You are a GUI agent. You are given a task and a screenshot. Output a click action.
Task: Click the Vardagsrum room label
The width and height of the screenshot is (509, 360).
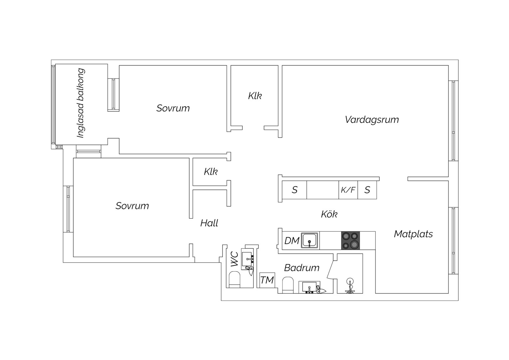(x=372, y=120)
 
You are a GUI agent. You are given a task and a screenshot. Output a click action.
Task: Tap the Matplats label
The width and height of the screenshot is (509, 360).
(x=413, y=234)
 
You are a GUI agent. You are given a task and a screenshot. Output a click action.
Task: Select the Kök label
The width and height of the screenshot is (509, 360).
(x=329, y=214)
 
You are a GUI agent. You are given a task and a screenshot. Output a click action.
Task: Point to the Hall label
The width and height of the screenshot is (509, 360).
(x=209, y=223)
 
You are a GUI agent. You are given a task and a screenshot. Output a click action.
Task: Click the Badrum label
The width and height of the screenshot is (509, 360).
(x=302, y=268)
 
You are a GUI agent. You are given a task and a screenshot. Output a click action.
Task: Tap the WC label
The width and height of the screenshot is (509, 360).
(x=235, y=259)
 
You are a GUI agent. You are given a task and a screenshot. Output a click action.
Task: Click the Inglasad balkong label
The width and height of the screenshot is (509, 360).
(x=81, y=103)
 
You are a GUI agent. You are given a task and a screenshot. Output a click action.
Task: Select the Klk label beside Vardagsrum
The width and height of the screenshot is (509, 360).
(x=255, y=96)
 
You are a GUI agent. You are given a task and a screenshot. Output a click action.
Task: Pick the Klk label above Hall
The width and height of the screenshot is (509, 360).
(x=211, y=171)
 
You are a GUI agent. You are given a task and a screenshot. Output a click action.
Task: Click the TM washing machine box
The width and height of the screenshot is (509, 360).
(x=267, y=280)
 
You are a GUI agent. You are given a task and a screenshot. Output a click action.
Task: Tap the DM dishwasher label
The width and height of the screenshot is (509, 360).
(x=292, y=241)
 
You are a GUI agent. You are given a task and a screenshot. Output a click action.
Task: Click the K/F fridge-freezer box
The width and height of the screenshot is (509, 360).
(x=348, y=190)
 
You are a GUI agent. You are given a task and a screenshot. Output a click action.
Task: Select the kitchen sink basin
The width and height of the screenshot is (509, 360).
(x=309, y=240)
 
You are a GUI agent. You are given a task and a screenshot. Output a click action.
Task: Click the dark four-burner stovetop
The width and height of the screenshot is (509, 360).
(x=350, y=240)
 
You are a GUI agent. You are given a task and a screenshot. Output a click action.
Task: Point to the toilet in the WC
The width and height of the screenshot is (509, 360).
(x=235, y=279)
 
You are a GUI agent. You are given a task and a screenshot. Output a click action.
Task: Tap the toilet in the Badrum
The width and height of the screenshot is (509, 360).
(x=288, y=285)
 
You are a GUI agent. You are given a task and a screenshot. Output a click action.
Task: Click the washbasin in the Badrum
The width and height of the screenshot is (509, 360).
(x=309, y=287)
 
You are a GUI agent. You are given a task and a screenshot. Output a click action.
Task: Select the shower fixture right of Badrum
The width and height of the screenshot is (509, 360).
(x=350, y=285)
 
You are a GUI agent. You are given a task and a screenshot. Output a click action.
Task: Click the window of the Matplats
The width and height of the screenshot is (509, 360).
(x=453, y=241)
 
